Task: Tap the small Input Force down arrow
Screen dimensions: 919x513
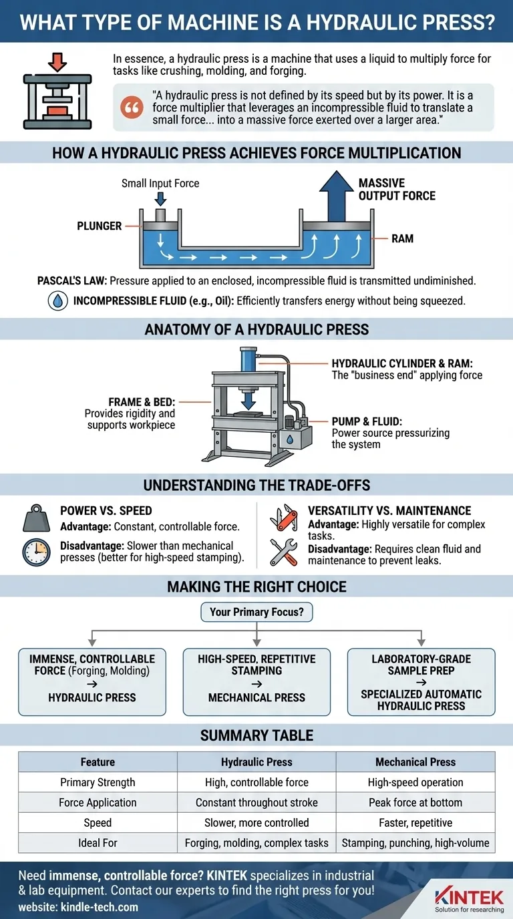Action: [x=160, y=198]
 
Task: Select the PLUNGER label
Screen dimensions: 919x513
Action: [x=100, y=226]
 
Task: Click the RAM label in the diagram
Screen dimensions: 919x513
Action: [x=403, y=238]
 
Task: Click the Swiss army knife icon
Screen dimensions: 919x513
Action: [x=283, y=518]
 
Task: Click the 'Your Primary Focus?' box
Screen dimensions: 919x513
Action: [x=256, y=612]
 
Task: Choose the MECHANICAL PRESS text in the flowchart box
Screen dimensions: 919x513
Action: [x=256, y=697]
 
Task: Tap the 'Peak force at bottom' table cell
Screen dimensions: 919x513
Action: [x=415, y=802]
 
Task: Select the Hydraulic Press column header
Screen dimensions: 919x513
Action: [x=256, y=761]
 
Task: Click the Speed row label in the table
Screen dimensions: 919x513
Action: [x=98, y=822]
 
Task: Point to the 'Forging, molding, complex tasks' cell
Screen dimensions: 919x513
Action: [x=256, y=843]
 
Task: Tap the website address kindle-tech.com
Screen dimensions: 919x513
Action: [x=78, y=906]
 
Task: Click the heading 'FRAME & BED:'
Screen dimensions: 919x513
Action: [x=142, y=403]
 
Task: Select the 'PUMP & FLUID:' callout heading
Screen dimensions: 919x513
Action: [x=367, y=421]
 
